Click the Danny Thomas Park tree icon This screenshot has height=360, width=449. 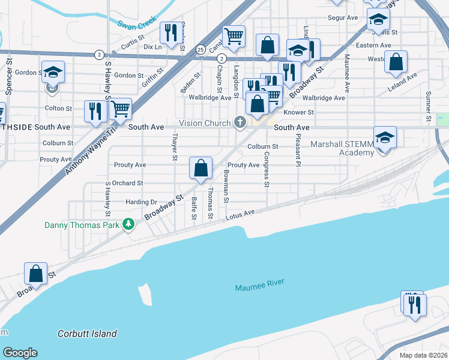click(128, 224)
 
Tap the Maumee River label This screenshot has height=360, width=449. click(259, 284)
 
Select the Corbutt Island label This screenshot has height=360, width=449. click(88, 334)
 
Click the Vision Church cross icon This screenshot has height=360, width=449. click(240, 123)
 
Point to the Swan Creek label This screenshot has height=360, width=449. click(137, 25)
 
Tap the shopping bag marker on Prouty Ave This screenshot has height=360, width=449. click(201, 169)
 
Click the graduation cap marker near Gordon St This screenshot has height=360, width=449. click(53, 73)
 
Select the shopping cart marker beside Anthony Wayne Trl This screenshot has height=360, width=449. click(121, 110)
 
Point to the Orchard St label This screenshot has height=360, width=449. click(128, 183)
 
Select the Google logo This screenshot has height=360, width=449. click(20, 353)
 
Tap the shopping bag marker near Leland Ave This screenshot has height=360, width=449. click(396, 62)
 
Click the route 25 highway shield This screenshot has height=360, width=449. click(200, 49)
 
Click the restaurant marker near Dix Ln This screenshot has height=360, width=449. click(171, 33)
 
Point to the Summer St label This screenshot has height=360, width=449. click(428, 106)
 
